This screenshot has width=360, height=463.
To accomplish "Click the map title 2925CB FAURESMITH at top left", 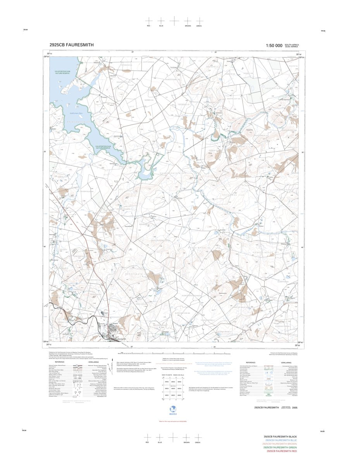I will click(x=71, y=45).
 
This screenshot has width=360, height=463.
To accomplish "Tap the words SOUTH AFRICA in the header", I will click(x=292, y=44).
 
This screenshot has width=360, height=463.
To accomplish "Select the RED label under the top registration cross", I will click(x=148, y=26).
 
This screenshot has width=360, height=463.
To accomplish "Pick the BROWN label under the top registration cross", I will click(x=188, y=26).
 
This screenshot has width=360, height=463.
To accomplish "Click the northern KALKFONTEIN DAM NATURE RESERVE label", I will click(x=62, y=73).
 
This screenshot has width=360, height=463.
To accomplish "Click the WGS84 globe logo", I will click(x=173, y=409).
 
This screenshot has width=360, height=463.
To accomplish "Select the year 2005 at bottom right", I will click(x=295, y=408).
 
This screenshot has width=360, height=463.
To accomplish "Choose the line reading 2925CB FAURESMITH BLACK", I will click(x=280, y=436).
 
